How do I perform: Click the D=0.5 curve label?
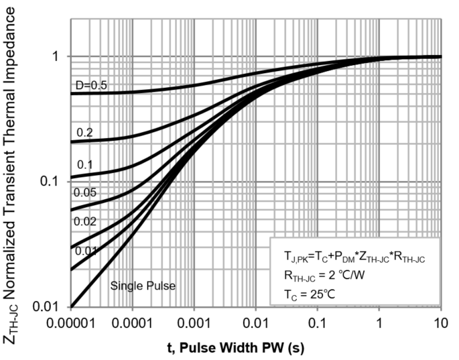point(90,84)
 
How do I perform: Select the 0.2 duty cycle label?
point(84,133)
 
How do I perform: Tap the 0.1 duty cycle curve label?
point(84,165)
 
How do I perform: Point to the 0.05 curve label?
point(85,192)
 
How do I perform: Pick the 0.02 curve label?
point(85,221)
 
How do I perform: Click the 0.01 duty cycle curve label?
point(85,251)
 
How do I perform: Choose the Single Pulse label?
point(143,286)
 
